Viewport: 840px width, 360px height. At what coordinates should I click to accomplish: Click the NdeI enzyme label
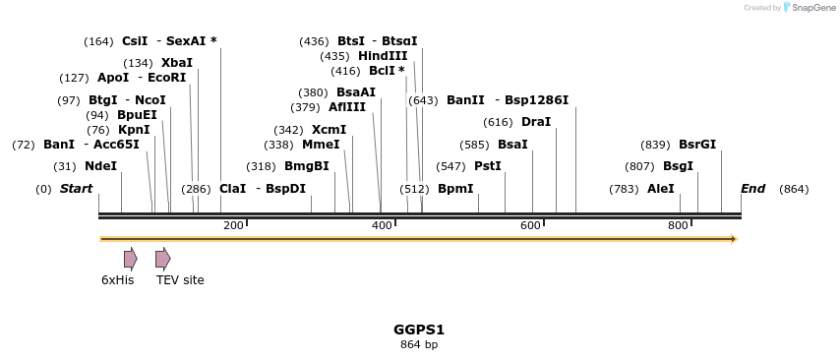pos(100,166)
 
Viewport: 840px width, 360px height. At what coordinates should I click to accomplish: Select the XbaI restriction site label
pos(177,63)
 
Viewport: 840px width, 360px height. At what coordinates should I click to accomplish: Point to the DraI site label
pos(536,122)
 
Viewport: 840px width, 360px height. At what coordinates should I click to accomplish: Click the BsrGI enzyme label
pos(697,145)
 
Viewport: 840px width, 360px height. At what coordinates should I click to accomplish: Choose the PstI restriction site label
pos(488,166)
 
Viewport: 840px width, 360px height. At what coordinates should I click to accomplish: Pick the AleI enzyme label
pos(661,189)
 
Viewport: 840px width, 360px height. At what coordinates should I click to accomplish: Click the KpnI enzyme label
pos(134,130)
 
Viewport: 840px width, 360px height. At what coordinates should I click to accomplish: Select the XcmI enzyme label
pos(329,130)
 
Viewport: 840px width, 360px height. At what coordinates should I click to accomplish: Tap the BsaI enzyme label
pos(512,145)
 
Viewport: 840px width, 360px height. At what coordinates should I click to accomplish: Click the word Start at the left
pos(77,189)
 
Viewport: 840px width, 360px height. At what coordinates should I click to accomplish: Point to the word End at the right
pos(752,189)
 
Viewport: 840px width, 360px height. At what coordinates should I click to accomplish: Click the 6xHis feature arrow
pos(130,259)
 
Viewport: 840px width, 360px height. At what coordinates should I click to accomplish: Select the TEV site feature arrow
pos(162,259)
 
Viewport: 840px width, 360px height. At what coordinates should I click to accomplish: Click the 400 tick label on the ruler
pos(382,226)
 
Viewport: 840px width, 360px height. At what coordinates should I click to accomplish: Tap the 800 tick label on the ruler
pos(678,226)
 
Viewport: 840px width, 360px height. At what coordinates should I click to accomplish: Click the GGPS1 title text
pos(419,330)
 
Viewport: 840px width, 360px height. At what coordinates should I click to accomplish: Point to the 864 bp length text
pos(419,345)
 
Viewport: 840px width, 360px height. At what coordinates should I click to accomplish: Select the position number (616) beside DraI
pos(499,122)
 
